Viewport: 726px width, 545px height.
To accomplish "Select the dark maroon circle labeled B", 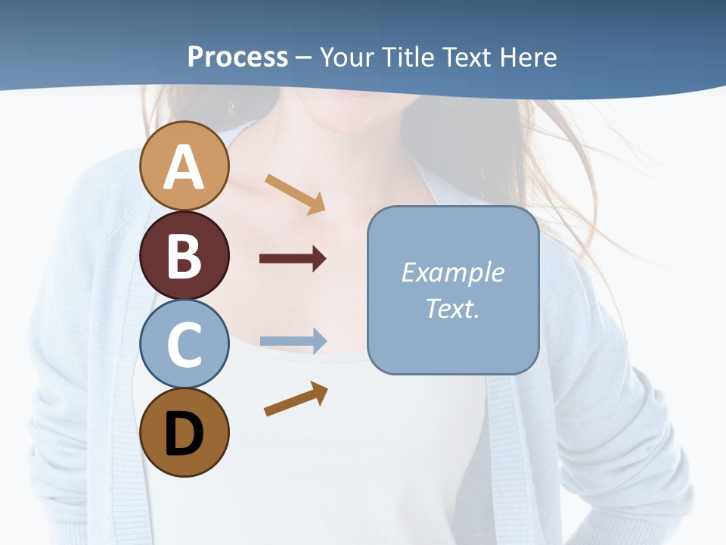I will (x=184, y=255).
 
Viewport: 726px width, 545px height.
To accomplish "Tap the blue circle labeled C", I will (x=184, y=344).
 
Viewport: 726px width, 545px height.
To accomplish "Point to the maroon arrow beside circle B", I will (x=293, y=259).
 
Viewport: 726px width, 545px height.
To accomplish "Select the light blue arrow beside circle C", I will (x=293, y=341).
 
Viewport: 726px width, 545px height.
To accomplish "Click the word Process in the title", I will (x=237, y=57).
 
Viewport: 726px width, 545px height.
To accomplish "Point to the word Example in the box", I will (x=452, y=272).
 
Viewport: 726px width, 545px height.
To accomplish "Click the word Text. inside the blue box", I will (x=452, y=309).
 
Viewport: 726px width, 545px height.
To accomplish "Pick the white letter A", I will (x=184, y=168).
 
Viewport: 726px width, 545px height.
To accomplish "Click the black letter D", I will (x=184, y=434).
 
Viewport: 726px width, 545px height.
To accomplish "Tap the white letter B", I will (x=184, y=256).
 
